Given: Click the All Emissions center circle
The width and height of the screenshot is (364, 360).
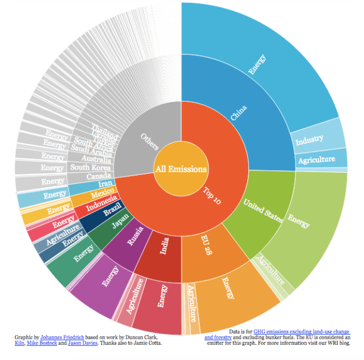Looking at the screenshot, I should click(181, 169).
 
